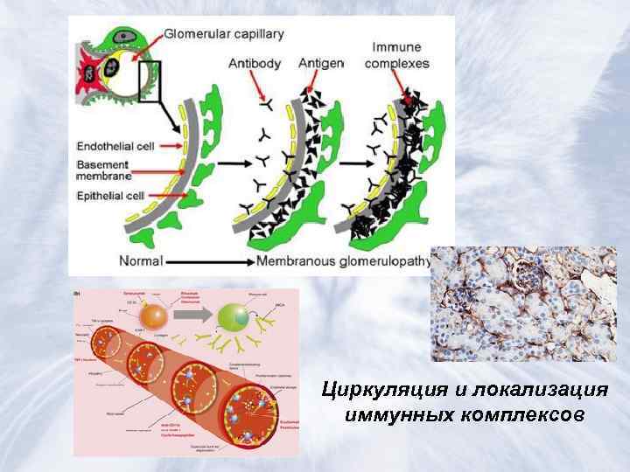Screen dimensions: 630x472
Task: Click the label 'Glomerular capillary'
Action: [x=224, y=34]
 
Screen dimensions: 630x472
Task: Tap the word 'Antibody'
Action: [x=254, y=63]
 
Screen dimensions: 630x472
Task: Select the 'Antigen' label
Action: [x=320, y=63]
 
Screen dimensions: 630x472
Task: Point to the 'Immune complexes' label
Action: [x=396, y=55]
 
